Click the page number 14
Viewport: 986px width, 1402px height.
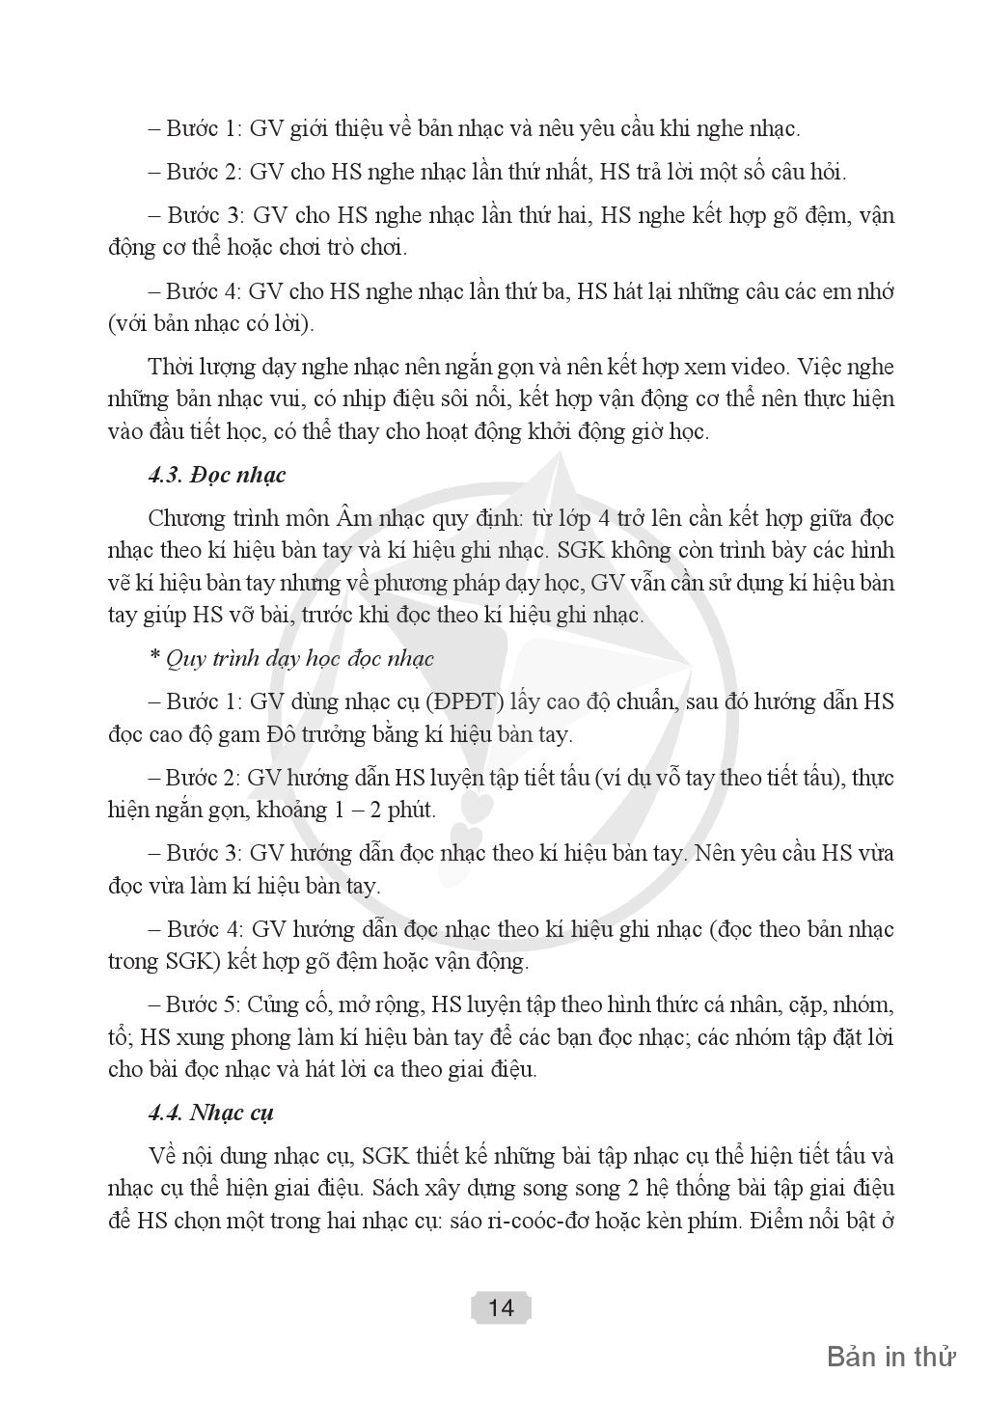[501, 1307]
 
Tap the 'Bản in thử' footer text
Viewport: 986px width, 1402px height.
[890, 1356]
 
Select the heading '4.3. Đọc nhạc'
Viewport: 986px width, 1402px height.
[217, 475]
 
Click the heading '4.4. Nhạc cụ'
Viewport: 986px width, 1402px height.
[211, 1112]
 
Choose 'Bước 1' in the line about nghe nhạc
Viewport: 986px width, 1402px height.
[202, 127]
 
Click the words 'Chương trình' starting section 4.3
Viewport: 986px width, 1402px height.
[206, 518]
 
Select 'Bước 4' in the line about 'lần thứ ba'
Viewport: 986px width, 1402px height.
[202, 290]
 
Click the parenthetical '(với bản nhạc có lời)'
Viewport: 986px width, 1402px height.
[210, 323]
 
